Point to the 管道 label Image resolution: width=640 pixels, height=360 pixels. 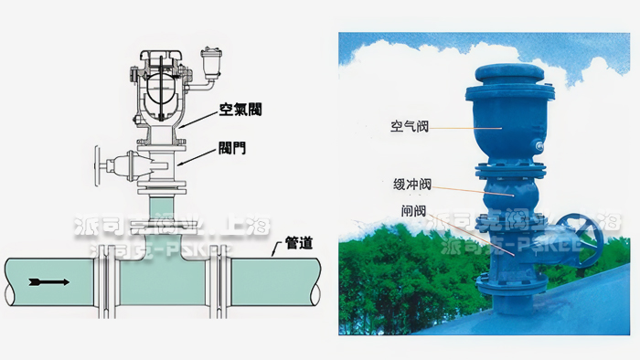click(x=299, y=243)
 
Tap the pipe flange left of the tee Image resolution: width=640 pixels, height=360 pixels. click(x=106, y=281)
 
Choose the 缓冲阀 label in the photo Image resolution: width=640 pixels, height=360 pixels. click(x=402, y=183)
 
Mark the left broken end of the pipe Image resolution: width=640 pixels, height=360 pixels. click(x=8, y=281)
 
